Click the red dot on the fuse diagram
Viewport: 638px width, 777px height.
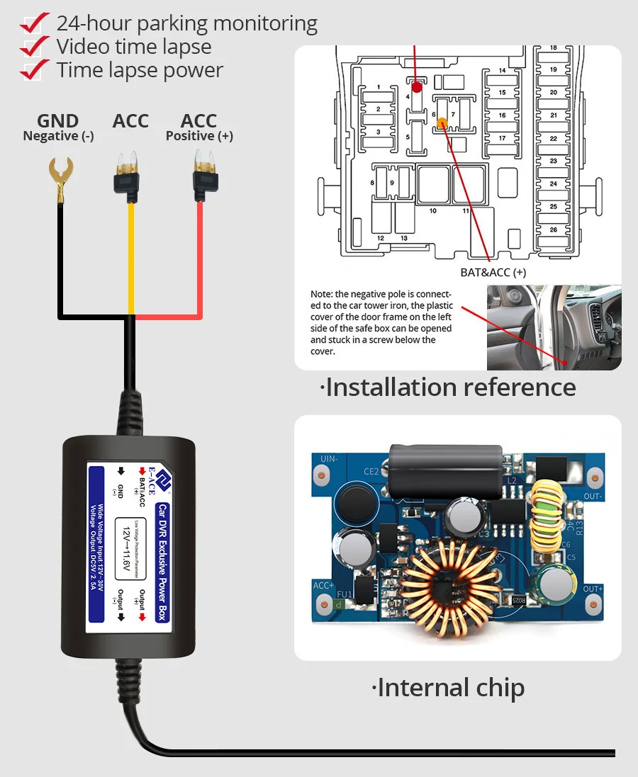tap(417, 86)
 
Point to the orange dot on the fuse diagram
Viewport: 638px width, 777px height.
tap(442, 123)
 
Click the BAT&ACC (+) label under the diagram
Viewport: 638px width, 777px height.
tap(493, 272)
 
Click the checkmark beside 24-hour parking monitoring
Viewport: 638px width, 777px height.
tap(34, 23)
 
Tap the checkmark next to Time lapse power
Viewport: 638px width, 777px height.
tap(34, 70)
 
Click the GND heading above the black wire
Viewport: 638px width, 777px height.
tap(58, 122)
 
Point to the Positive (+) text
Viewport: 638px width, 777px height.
tap(199, 136)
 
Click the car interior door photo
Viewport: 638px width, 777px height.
tap(554, 327)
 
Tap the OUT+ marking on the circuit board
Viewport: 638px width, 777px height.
tap(593, 589)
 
